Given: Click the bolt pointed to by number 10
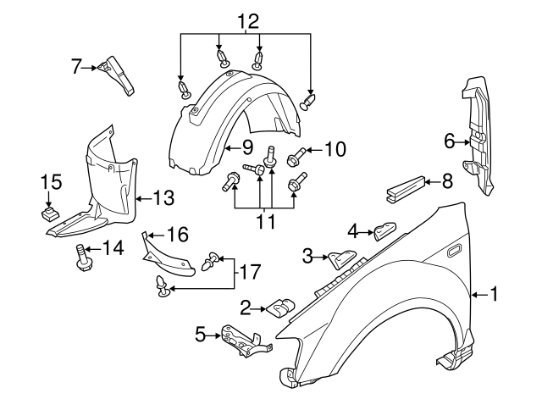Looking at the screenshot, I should (297, 156).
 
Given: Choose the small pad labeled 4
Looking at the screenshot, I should (385, 230).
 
